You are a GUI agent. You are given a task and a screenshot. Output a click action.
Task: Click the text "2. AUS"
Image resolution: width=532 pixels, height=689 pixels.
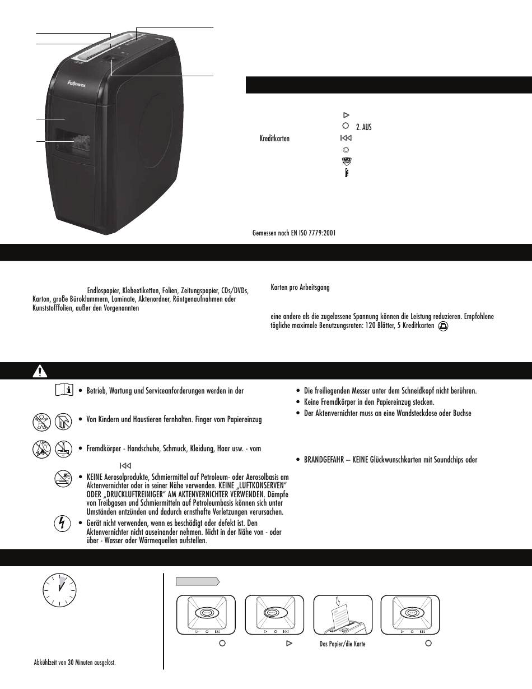(363, 127)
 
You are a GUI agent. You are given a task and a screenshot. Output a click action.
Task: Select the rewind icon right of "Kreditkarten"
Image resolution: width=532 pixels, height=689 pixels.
(346, 138)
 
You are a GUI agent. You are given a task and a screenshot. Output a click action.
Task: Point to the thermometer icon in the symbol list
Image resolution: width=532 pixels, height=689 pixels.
(346, 173)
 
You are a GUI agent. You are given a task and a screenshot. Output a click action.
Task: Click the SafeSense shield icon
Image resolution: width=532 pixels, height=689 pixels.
(346, 161)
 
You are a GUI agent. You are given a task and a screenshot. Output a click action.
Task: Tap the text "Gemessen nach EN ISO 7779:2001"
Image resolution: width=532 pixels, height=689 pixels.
(295, 232)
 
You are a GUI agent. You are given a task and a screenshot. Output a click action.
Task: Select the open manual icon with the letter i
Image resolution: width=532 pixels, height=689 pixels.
(65, 390)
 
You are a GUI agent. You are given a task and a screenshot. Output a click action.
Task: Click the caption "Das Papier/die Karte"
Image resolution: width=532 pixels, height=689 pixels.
(342, 644)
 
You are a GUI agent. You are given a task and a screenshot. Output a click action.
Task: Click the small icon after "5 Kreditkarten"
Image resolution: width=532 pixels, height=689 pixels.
(443, 325)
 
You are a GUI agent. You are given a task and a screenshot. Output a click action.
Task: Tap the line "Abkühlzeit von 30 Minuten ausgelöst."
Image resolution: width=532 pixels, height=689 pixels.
(75, 663)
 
